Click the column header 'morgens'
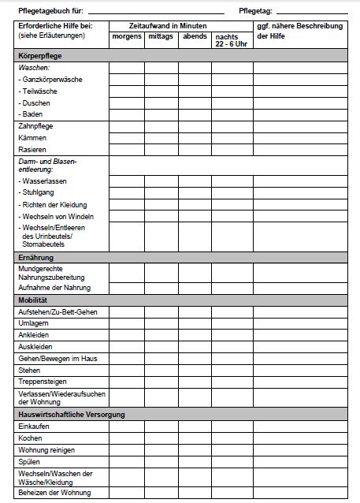(x=126, y=37)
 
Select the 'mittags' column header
(x=161, y=37)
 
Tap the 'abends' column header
(x=194, y=37)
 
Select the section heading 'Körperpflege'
(x=40, y=57)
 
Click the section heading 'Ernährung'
(x=36, y=258)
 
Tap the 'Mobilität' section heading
(x=33, y=301)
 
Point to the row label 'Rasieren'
(x=32, y=149)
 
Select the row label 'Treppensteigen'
(x=42, y=382)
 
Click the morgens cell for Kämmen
(x=126, y=138)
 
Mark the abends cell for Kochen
(x=194, y=438)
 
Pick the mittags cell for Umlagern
(x=161, y=324)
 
